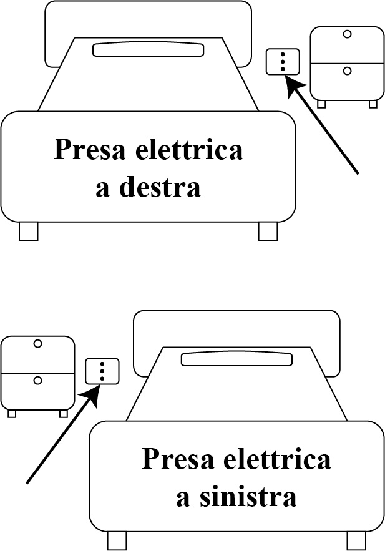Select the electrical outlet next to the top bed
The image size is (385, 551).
point(283,61)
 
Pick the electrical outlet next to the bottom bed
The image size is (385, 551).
point(102,371)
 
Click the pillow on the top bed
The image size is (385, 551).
point(149,49)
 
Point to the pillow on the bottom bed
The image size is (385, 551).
point(236,359)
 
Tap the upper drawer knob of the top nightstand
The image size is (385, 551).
point(347,34)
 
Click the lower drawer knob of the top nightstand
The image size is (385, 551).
point(347,71)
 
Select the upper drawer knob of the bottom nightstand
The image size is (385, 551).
point(37,343)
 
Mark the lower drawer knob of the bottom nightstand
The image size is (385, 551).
point(37,379)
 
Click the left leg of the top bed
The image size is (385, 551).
point(28,231)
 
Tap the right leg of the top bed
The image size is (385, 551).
point(268,231)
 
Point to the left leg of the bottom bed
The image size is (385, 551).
point(117,540)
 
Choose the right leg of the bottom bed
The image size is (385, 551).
point(356,540)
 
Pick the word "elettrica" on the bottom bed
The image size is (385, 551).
point(283,461)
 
